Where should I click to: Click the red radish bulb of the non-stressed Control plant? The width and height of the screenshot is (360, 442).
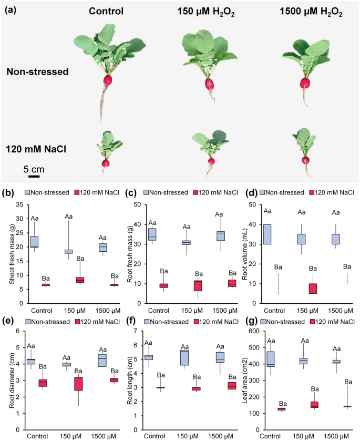coord(108,80)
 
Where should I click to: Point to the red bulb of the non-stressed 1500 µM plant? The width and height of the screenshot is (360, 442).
coord(305,83)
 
